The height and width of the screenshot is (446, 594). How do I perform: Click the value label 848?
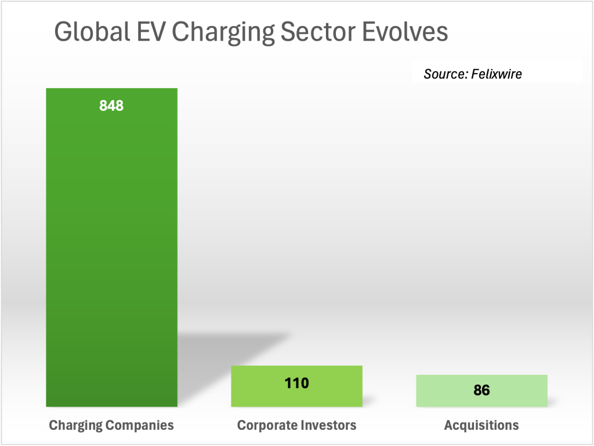click(111, 106)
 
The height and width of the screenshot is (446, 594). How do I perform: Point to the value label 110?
click(296, 383)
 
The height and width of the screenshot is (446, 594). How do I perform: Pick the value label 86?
click(481, 390)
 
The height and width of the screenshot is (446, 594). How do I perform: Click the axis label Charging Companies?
click(111, 426)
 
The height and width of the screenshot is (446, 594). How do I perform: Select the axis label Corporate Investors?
click(296, 426)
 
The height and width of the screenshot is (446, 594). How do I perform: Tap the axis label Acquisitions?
click(481, 426)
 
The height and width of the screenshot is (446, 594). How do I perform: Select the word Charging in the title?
click(226, 33)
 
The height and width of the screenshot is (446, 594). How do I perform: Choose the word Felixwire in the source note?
click(497, 74)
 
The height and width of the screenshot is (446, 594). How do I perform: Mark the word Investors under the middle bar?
click(327, 426)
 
